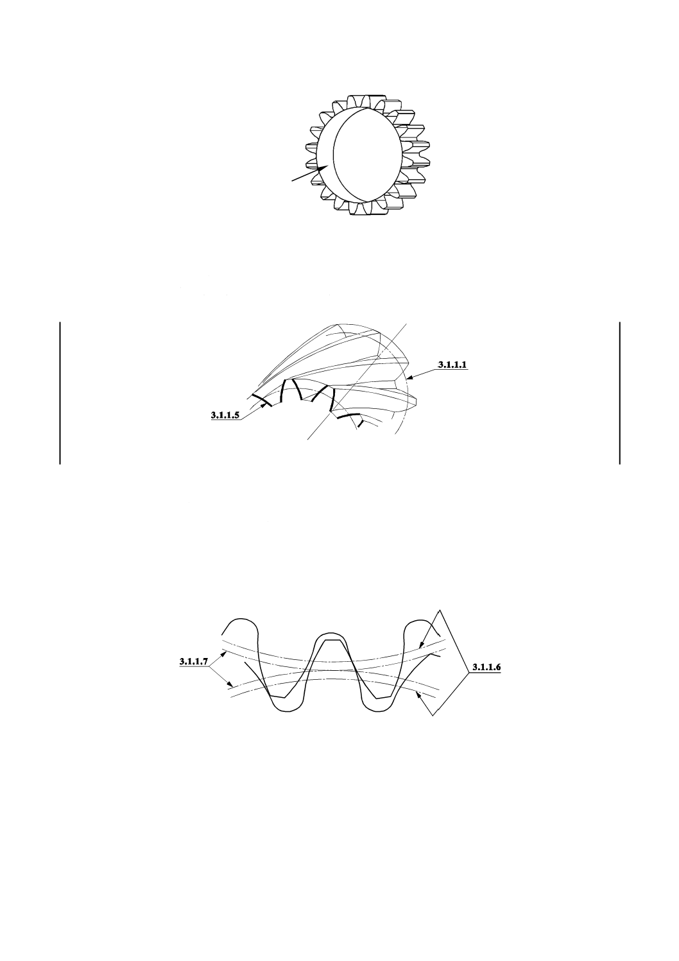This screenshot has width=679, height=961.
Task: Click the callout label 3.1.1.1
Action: [452, 365]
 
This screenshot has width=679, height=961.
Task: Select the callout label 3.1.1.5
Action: [225, 415]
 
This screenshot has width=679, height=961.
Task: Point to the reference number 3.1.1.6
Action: [486, 667]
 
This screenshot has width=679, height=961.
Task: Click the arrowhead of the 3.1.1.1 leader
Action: [409, 378]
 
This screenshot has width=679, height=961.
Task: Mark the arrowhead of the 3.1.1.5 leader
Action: [262, 404]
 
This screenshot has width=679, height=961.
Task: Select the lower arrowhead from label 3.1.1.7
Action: [231, 684]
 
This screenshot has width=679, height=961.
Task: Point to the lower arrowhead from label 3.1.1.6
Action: [419, 694]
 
